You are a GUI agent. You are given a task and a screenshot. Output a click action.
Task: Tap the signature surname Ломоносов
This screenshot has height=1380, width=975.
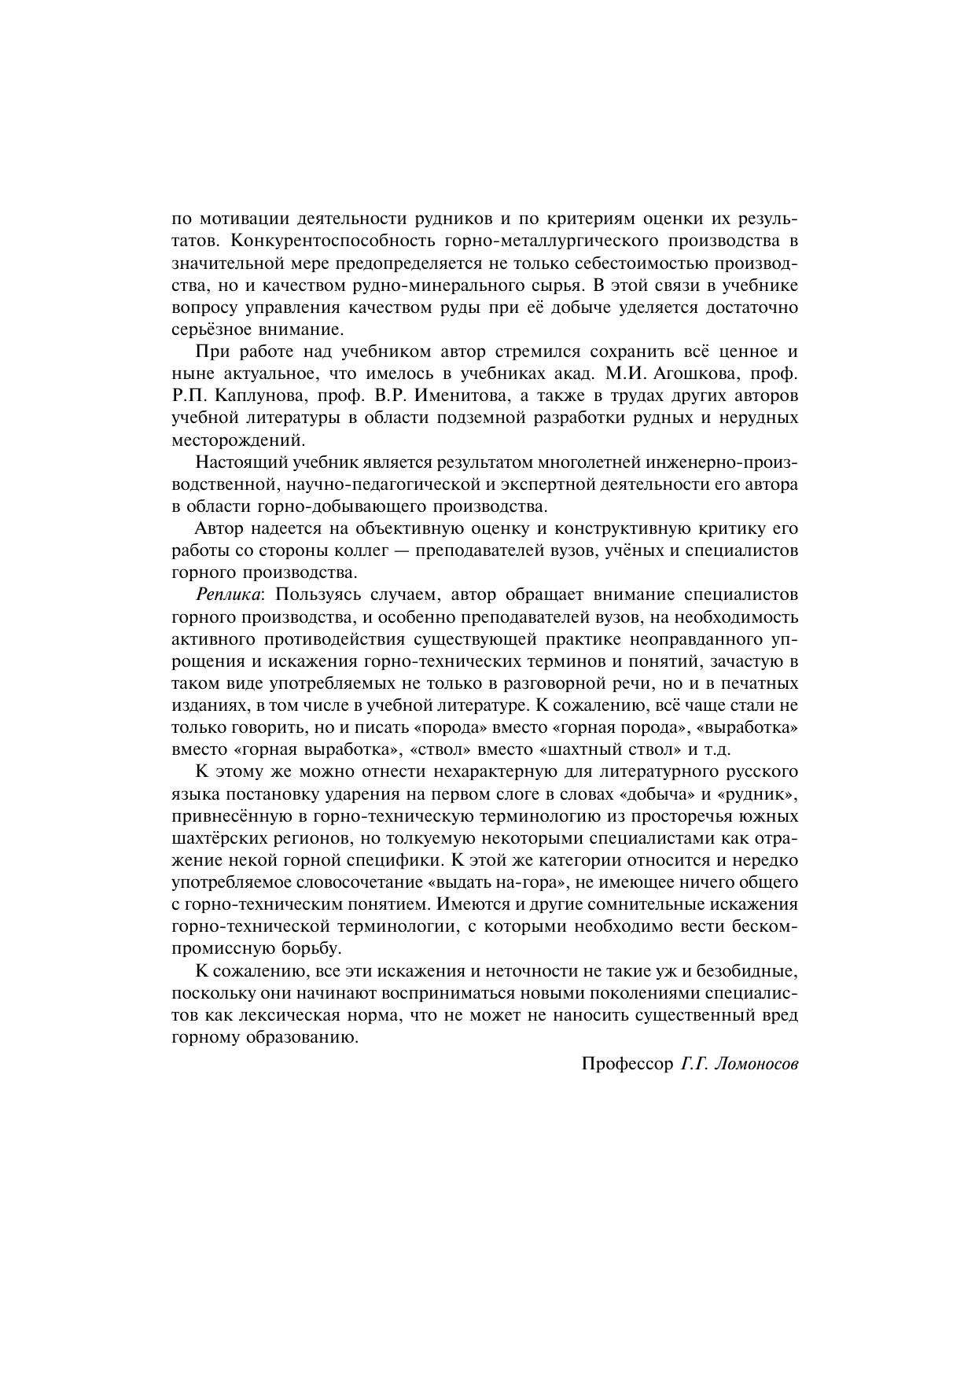click(753, 1065)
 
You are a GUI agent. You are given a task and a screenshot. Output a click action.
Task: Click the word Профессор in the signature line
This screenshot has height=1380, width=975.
click(626, 1065)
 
